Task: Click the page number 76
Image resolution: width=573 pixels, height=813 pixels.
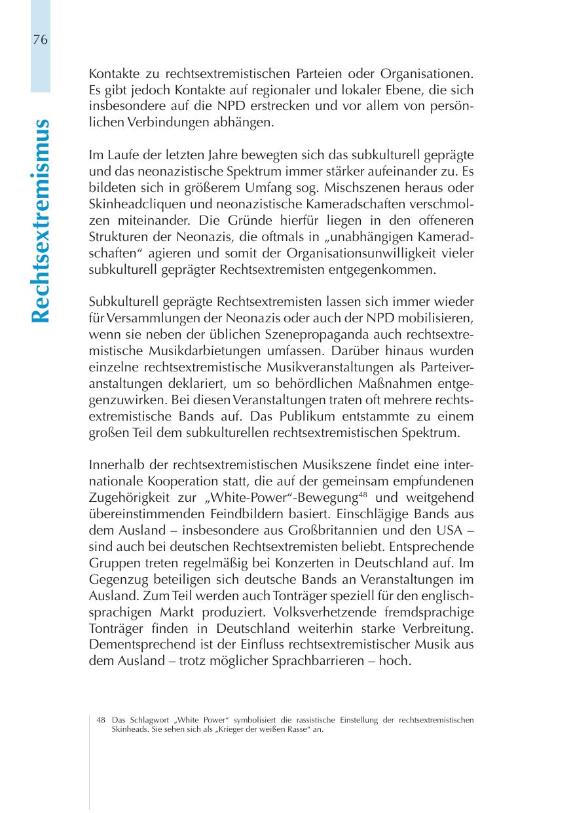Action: click(40, 40)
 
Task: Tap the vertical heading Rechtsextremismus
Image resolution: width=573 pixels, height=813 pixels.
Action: click(41, 221)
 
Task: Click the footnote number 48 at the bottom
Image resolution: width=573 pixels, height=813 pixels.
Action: click(101, 720)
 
